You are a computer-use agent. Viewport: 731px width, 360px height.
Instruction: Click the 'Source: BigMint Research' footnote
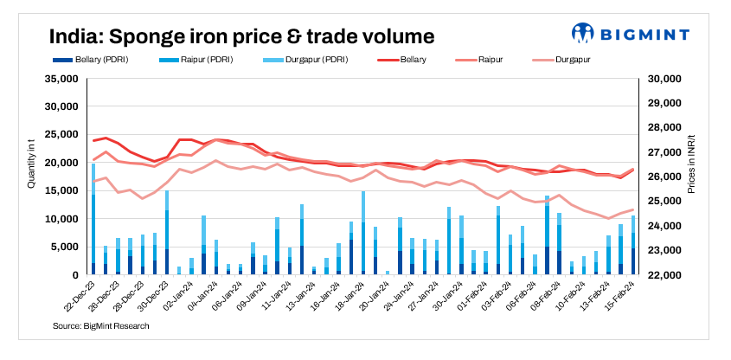(100, 325)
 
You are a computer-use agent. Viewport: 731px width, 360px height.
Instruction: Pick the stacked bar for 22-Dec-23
(93, 220)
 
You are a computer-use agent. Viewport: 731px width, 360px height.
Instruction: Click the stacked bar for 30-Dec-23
(167, 233)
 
